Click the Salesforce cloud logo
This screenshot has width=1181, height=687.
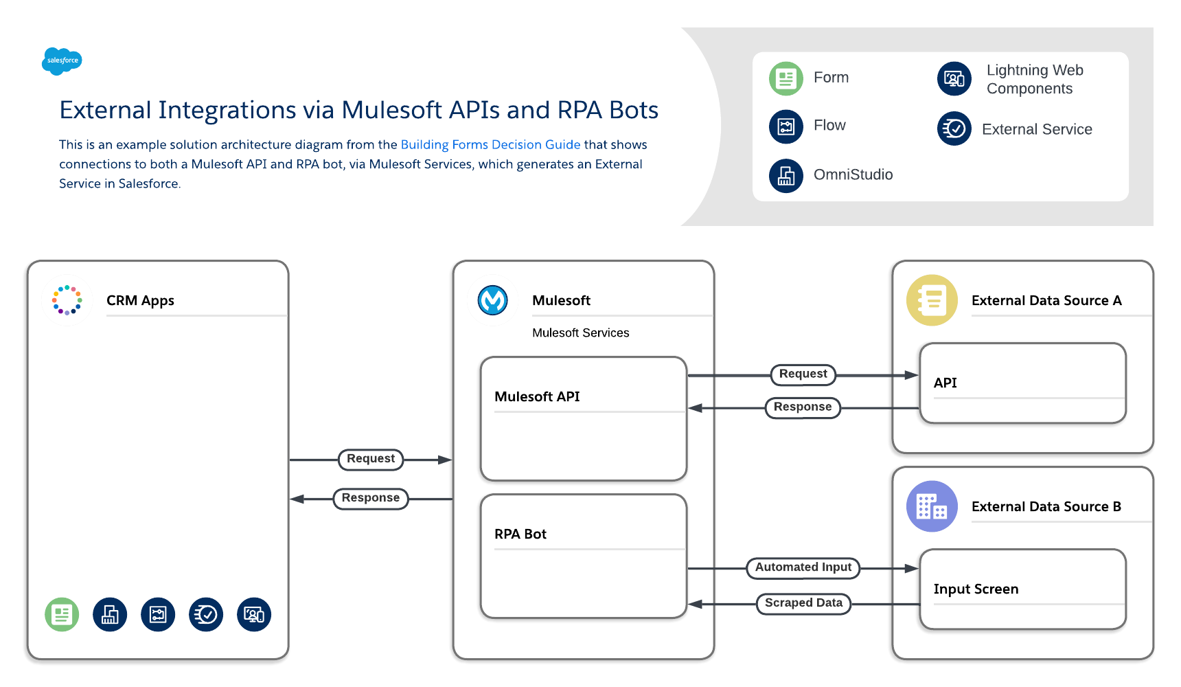(62, 60)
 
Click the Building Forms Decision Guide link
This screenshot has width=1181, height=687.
(490, 145)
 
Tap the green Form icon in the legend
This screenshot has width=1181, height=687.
(786, 78)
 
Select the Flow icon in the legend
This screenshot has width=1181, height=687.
(786, 126)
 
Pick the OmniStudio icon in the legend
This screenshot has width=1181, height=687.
(786, 176)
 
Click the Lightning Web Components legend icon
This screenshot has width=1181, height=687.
(954, 78)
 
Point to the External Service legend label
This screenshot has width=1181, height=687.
(1036, 130)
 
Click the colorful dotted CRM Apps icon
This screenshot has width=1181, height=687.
(67, 300)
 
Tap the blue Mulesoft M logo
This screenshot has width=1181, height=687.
(492, 300)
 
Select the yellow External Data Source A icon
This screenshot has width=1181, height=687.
(931, 300)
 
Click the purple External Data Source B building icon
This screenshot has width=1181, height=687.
(931, 506)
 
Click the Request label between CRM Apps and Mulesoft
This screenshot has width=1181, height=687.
(371, 459)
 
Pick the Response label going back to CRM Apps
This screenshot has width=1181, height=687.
(371, 498)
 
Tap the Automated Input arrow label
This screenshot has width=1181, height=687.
(803, 567)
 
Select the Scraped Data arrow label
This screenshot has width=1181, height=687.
(803, 603)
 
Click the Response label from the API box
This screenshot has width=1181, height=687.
(802, 407)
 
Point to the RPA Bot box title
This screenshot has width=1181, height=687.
(520, 534)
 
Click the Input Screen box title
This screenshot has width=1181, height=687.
(975, 589)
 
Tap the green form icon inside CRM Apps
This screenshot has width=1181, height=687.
(62, 614)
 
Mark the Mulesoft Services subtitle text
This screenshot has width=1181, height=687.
(580, 333)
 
